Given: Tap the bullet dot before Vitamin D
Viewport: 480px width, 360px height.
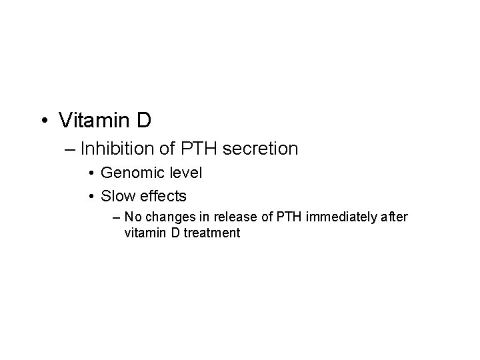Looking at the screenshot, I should [44, 121].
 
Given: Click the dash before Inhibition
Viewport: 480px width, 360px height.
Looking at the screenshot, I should [72, 148].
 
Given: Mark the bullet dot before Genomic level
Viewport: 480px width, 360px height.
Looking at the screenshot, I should [91, 174].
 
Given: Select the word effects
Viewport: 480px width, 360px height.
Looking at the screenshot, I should [163, 196].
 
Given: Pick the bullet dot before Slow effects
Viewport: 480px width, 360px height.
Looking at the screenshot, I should [91, 197].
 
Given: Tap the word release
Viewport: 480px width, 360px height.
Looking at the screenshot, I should [225, 217].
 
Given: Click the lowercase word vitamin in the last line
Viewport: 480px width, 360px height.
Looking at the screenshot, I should [143, 233].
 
